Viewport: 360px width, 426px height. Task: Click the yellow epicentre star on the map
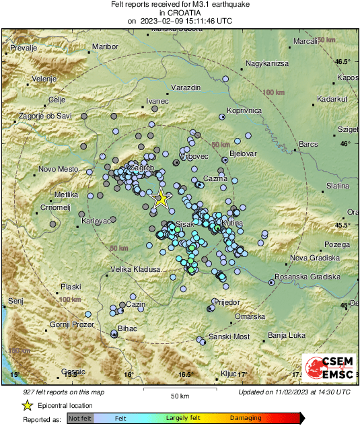161,199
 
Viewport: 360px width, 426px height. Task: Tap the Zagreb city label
142,168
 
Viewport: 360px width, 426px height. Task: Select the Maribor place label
105,46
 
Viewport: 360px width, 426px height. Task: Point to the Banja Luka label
287,334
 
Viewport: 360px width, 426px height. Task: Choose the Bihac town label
127,328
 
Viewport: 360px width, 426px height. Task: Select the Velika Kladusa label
135,270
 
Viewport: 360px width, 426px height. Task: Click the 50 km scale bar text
179,395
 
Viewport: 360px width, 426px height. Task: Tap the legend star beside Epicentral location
27,405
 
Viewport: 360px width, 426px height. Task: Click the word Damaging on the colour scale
246,418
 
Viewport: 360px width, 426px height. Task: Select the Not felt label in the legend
80,419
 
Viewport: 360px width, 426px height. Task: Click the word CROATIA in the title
180,12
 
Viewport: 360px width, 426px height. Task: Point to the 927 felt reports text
62,392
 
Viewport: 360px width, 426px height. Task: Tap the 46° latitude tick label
345,143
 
